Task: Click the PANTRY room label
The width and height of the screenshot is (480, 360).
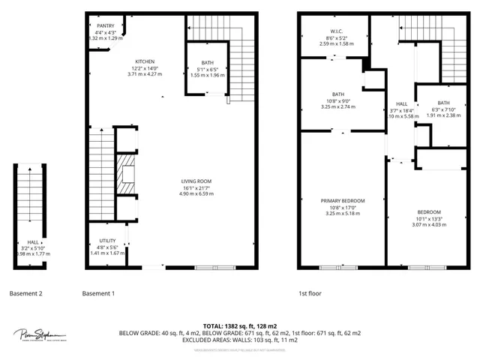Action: (x=105, y=25)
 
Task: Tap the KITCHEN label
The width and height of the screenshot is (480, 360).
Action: (x=145, y=61)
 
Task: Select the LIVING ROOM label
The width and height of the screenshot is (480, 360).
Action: (x=196, y=181)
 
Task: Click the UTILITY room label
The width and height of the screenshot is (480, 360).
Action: (x=107, y=241)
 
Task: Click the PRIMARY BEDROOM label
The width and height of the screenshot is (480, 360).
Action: (x=342, y=201)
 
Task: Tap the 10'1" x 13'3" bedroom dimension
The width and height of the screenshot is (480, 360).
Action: (x=429, y=219)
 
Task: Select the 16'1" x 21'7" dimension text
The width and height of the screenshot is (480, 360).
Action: (x=196, y=187)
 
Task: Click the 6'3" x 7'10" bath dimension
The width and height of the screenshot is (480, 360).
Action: (x=443, y=109)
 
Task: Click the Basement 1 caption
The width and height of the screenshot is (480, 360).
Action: (x=98, y=293)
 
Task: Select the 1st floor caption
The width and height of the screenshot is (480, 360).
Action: (x=310, y=293)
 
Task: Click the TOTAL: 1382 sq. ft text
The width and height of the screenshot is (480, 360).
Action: (x=240, y=326)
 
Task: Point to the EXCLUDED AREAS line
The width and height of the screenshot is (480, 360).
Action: (x=240, y=340)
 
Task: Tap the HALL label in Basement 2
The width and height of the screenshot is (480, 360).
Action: (x=32, y=242)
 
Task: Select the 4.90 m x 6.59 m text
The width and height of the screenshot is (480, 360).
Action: (x=196, y=194)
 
